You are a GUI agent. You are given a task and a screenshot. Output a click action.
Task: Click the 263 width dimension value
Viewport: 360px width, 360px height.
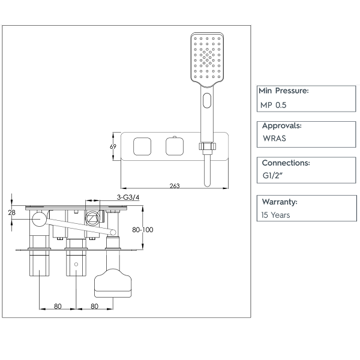tap(175, 186)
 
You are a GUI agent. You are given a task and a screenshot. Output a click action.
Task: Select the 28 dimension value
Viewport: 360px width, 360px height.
tap(12, 212)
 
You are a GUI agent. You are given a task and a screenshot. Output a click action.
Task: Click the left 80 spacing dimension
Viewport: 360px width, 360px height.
tap(58, 306)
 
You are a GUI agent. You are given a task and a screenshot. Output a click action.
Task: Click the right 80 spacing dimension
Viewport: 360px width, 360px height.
tap(95, 306)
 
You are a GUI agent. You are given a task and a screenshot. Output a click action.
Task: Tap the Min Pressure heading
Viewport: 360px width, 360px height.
tap(284, 91)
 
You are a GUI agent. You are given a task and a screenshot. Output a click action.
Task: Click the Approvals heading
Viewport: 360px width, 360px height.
tap(282, 126)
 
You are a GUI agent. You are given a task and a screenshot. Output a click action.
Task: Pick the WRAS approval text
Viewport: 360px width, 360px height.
tap(274, 139)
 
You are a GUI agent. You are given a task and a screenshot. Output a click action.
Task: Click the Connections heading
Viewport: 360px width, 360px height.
tap(286, 163)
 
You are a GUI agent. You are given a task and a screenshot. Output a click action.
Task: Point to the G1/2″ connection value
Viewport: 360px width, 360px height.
tap(273, 176)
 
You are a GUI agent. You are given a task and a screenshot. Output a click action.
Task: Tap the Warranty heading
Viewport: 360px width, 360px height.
tap(280, 202)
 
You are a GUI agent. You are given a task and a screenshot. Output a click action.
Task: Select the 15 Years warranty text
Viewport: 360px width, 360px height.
tap(276, 215)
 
